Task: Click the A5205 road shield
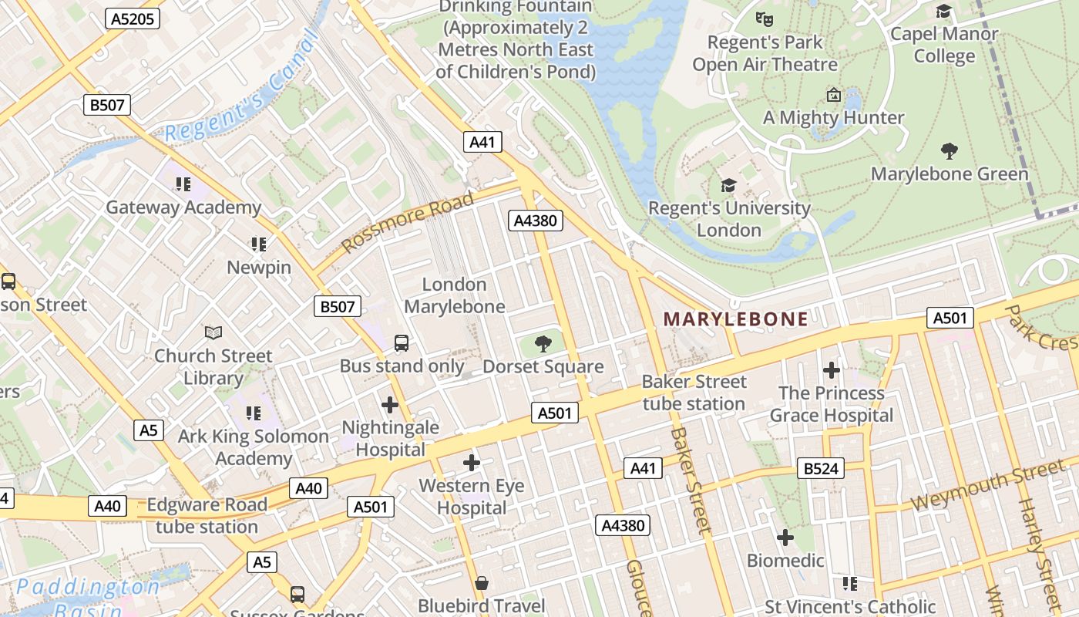[133, 19]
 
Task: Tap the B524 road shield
[821, 468]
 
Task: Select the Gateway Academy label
[183, 207]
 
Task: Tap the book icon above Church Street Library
[213, 332]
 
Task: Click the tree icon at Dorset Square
[543, 344]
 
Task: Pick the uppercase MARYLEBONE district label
[736, 319]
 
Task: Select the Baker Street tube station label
[694, 393]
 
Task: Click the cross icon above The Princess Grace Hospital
[831, 370]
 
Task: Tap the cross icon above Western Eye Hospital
[472, 463]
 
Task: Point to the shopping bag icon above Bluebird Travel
[482, 583]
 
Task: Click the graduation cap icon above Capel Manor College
[943, 11]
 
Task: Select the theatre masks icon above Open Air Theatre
[764, 18]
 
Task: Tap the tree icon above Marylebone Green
[950, 151]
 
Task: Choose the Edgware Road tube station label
[207, 516]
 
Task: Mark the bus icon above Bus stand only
[402, 343]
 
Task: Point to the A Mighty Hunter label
[833, 118]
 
